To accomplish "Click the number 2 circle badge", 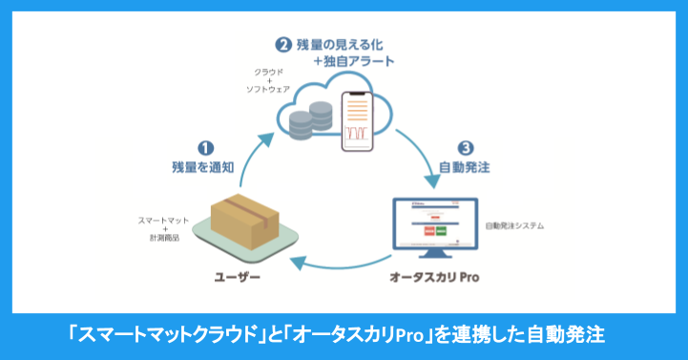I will click(282, 43).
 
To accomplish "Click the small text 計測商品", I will click(161, 241).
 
